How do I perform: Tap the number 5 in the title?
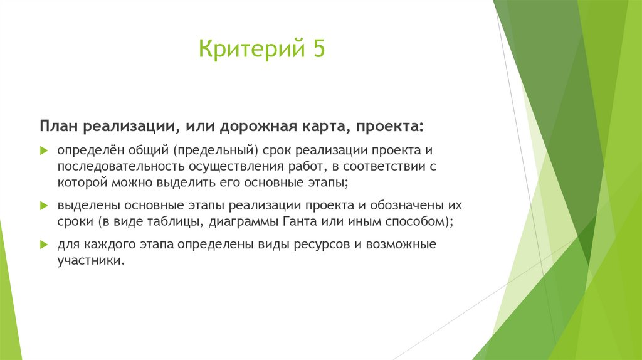pos(317,48)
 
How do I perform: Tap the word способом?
pos(409,221)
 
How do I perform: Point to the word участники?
pos(92,260)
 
